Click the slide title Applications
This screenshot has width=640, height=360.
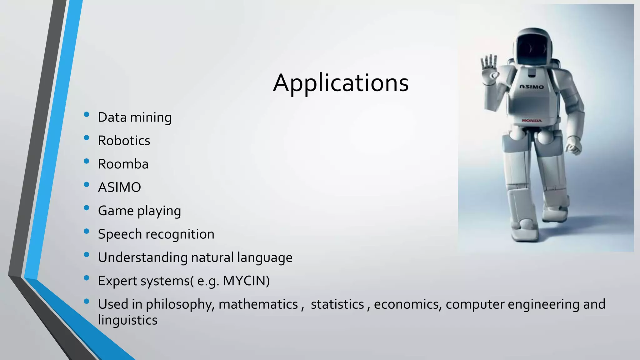point(341,83)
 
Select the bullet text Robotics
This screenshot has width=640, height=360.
point(124,141)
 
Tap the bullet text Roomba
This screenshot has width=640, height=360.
point(123,164)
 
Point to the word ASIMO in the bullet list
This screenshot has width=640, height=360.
point(119,187)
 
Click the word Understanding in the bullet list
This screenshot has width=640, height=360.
point(142,257)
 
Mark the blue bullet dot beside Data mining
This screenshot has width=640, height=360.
point(87,114)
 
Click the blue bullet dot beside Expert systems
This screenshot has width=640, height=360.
point(87,278)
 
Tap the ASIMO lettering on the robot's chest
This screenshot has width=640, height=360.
point(531,87)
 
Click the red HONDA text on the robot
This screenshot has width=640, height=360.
point(532,121)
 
